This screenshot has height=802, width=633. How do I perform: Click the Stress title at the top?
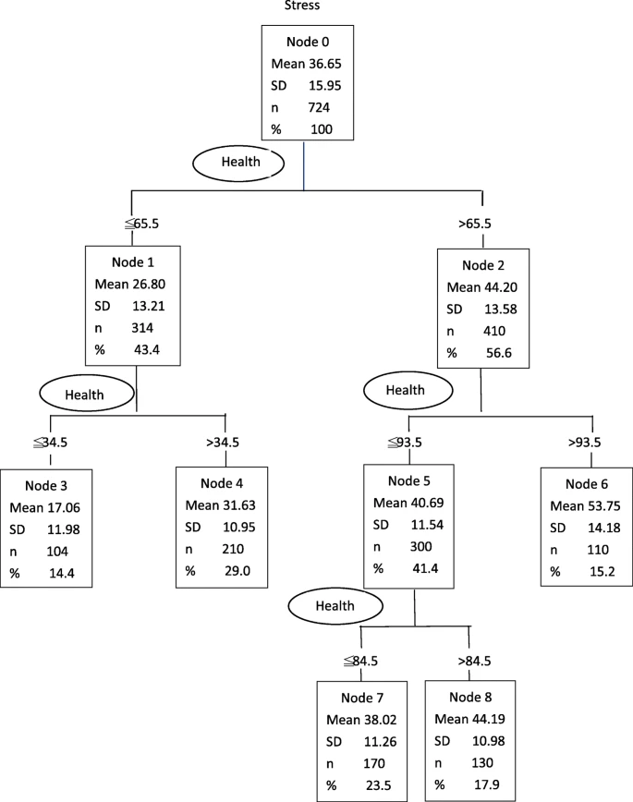pyautogui.click(x=302, y=6)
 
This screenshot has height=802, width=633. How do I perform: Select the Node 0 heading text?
pyautogui.click(x=308, y=42)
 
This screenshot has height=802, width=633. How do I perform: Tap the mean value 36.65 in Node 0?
pyautogui.click(x=324, y=64)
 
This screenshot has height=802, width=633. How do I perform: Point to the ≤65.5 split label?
pyautogui.click(x=142, y=224)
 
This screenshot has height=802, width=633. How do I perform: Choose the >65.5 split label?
pyautogui.click(x=474, y=224)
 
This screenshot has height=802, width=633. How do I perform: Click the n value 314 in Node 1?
pyautogui.click(x=142, y=328)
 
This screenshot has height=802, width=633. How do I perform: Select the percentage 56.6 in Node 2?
pyautogui.click(x=499, y=353)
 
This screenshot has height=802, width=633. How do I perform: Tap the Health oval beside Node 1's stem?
pyautogui.click(x=87, y=394)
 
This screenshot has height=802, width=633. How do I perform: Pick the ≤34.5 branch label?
pyautogui.click(x=50, y=442)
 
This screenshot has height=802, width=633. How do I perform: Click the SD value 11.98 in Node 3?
pyautogui.click(x=64, y=529)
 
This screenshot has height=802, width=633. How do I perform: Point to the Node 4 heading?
pyautogui.click(x=222, y=483)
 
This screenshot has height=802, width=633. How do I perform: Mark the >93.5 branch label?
pyautogui.click(x=584, y=442)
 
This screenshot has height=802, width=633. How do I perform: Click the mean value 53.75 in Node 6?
pyautogui.click(x=603, y=505)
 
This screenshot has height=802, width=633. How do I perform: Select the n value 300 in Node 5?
pyautogui.click(x=420, y=547)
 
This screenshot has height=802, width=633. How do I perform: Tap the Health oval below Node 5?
pyautogui.click(x=335, y=606)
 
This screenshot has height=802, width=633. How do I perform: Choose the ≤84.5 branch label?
pyautogui.click(x=360, y=661)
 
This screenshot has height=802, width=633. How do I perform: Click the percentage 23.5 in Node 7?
pyautogui.click(x=379, y=785)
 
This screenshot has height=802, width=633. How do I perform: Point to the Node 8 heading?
pyautogui.click(x=470, y=698)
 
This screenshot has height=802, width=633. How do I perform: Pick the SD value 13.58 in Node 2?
pyautogui.click(x=501, y=309)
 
